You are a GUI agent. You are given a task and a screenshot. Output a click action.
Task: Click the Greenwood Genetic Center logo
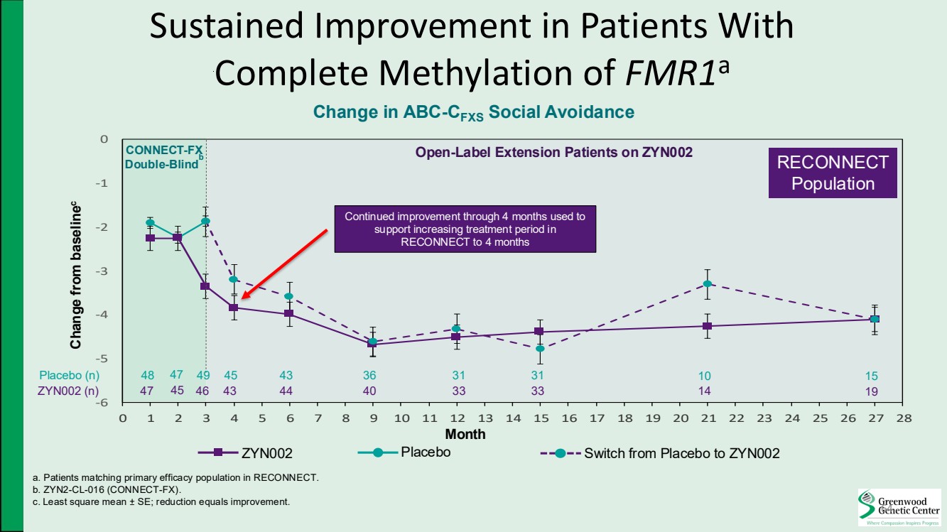[899, 506]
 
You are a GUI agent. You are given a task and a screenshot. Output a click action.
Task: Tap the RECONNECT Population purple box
[833, 173]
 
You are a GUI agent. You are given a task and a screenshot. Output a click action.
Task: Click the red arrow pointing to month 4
[283, 264]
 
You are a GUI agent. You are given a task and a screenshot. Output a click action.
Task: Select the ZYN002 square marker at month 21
[707, 326]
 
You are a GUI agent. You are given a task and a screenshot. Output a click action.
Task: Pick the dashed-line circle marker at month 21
[707, 284]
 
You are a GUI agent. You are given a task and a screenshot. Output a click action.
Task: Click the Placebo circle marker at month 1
[150, 222]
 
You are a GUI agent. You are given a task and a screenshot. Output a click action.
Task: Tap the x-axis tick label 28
[902, 418]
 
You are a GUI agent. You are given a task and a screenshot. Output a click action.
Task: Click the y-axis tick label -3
[103, 271]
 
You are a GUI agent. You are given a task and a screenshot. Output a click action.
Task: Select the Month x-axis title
[465, 434]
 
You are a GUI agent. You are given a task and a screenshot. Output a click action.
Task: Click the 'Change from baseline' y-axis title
[75, 275]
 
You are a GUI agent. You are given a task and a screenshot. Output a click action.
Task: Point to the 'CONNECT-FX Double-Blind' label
[163, 157]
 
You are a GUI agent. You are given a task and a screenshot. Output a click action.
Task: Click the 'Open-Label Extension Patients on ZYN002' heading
[553, 152]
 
